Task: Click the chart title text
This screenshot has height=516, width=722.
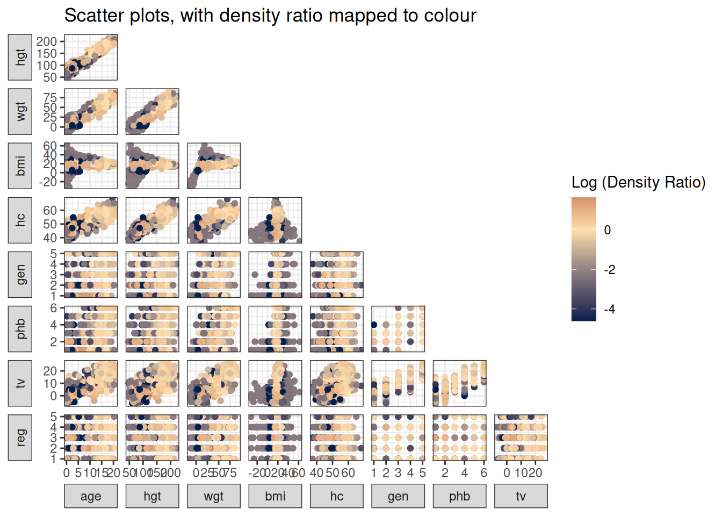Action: [270, 16]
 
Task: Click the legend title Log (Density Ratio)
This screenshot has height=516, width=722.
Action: [638, 182]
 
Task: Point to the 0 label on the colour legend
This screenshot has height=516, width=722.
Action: [608, 230]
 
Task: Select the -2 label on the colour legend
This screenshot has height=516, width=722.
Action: [609, 270]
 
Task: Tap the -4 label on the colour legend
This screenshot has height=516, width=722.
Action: [609, 310]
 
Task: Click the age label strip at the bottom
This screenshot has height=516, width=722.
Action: [91, 496]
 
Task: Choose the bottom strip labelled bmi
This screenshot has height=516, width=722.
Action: [275, 496]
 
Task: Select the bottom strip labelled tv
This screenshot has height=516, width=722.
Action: [521, 496]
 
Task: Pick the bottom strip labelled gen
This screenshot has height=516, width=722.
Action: [398, 496]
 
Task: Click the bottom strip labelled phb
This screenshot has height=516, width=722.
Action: [459, 496]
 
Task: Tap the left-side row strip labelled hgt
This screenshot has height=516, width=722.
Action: [20, 57]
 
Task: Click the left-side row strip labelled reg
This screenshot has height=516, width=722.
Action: [20, 438]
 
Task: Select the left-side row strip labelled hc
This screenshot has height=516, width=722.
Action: [20, 220]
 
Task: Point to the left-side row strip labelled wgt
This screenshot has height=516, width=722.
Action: [20, 111]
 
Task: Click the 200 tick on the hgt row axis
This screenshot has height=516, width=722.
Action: [47, 41]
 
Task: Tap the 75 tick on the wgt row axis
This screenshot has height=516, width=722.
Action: [50, 98]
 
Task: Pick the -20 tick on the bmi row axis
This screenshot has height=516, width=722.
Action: [47, 182]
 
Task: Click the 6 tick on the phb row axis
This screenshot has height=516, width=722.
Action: [54, 308]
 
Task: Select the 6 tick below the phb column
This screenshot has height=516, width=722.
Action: [484, 473]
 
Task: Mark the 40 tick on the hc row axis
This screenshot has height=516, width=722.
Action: [50, 238]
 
